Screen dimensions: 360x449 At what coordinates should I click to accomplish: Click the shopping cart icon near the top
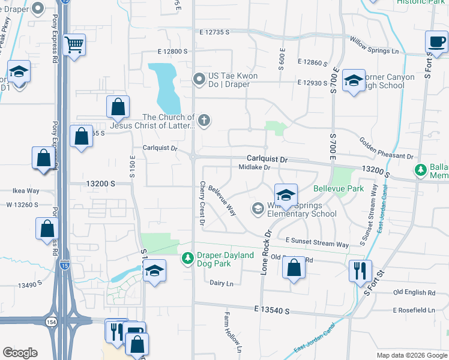74,44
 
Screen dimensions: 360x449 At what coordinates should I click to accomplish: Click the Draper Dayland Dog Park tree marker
187,258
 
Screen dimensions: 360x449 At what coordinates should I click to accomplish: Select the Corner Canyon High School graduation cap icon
354,80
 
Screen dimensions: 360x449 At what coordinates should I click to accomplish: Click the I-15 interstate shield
64,264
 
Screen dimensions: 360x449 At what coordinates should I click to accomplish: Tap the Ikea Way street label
26,191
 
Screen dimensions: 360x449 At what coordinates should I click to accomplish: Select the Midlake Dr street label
255,168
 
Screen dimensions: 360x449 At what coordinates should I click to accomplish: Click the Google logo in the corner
20,353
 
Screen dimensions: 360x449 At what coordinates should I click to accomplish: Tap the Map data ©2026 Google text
411,355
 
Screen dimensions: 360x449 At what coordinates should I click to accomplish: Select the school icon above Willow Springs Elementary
286,194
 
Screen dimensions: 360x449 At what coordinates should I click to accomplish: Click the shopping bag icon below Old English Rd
294,268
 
